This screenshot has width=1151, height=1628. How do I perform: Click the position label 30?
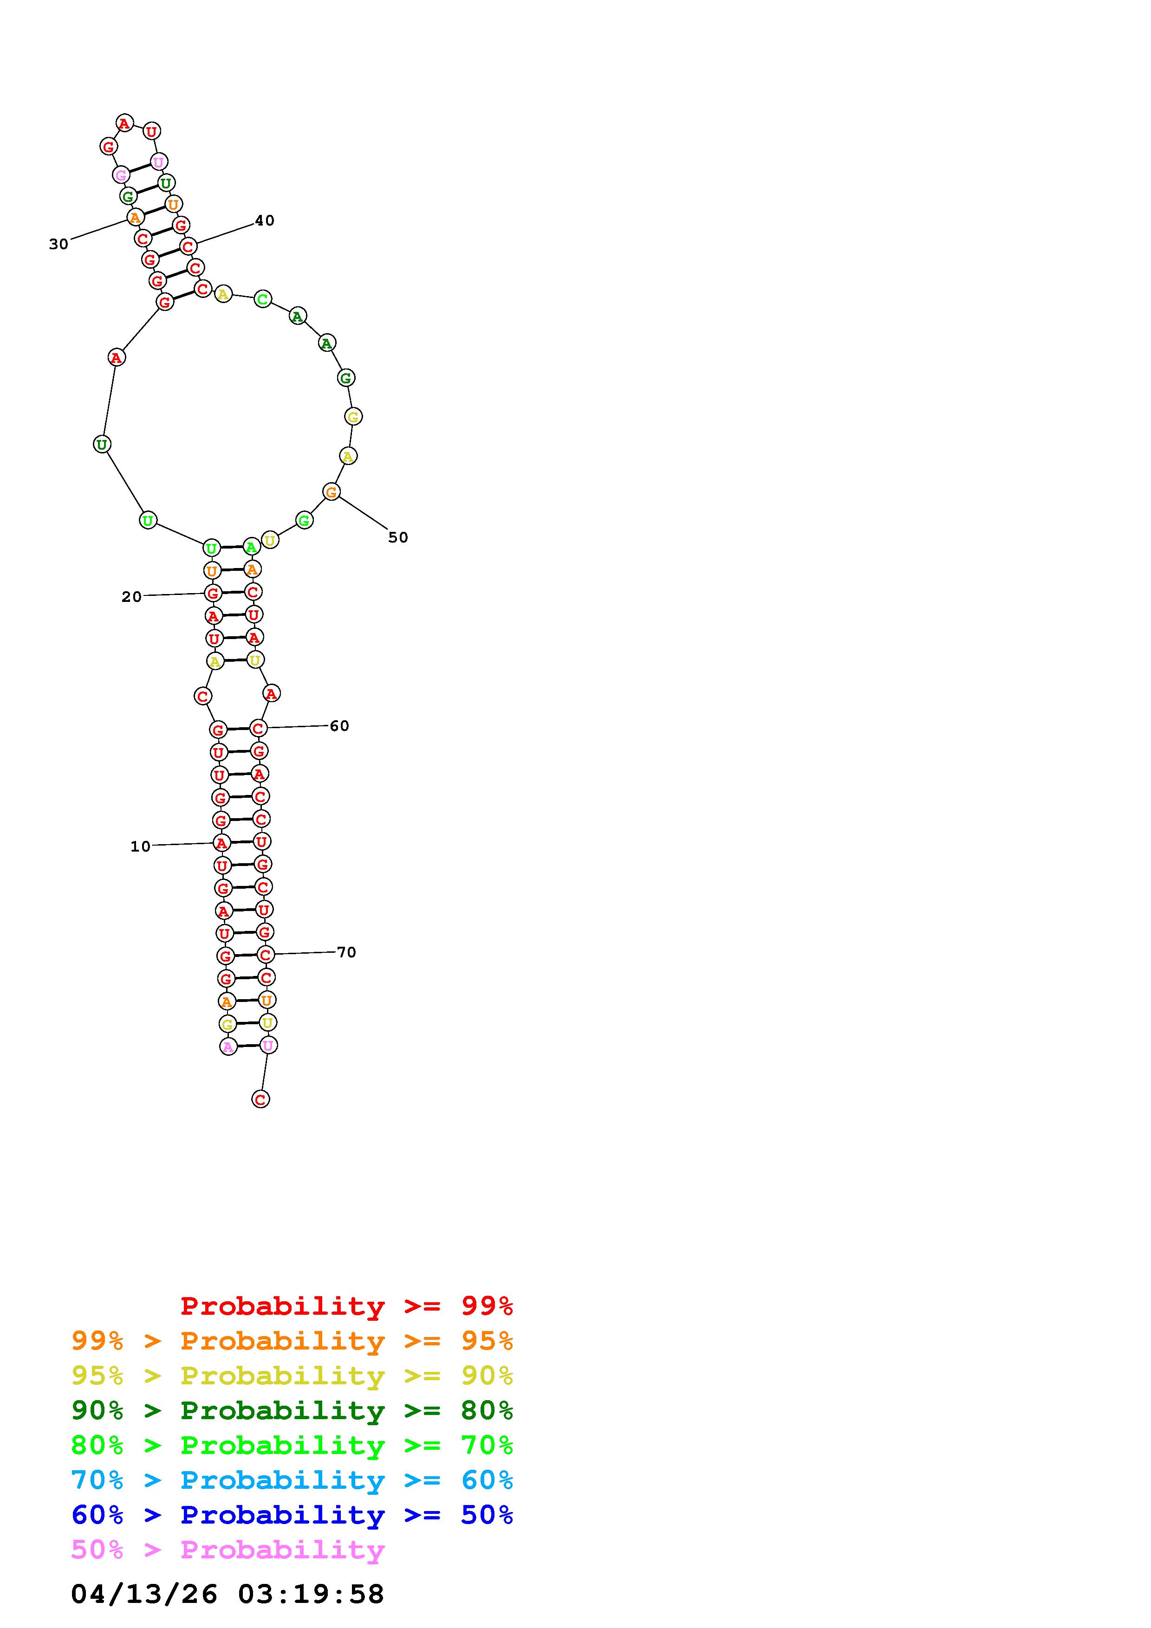point(59,245)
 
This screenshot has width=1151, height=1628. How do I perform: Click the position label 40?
point(265,220)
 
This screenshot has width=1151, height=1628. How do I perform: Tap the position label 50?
point(398,537)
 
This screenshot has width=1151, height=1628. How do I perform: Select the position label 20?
point(131,597)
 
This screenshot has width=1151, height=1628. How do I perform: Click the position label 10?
point(140,846)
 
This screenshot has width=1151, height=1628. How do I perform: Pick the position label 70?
point(346,952)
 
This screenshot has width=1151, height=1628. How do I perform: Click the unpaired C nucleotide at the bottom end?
point(260,1099)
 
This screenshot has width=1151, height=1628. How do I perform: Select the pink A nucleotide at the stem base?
point(228,1047)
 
